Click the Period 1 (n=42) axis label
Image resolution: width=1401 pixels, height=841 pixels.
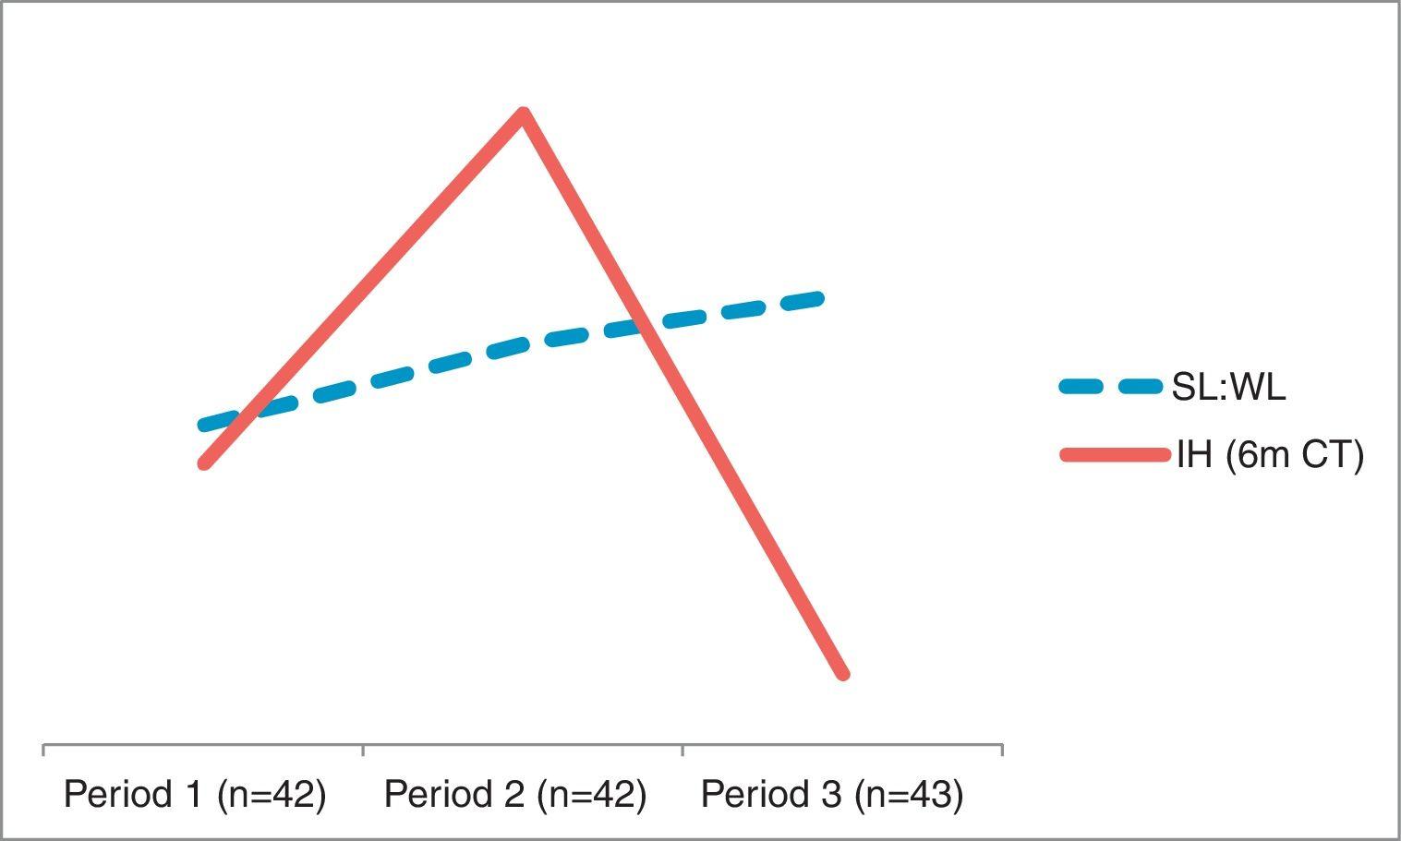[x=195, y=795]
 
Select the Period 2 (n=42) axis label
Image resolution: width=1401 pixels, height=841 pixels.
[x=514, y=795]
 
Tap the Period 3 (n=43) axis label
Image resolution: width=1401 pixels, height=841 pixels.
[x=832, y=795]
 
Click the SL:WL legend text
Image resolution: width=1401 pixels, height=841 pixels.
[x=1228, y=388]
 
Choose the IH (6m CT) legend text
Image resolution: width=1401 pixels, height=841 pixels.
[x=1270, y=455]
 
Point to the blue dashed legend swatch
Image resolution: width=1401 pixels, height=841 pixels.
[x=1111, y=388]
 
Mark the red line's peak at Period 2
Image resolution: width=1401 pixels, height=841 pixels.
[x=524, y=114]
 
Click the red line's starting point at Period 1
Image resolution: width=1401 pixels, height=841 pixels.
[x=204, y=463]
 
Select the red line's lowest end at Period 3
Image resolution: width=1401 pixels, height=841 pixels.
[x=842, y=674]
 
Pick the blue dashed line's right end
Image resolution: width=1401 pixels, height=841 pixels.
[x=817, y=297]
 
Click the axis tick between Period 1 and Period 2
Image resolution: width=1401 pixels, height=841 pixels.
[x=363, y=749]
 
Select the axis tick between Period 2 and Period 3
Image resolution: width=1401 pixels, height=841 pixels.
[x=682, y=749]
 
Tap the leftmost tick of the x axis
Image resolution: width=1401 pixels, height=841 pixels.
[x=43, y=749]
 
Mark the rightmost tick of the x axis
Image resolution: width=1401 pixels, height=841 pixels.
[x=1002, y=749]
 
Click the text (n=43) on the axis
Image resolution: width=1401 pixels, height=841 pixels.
[x=909, y=795]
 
